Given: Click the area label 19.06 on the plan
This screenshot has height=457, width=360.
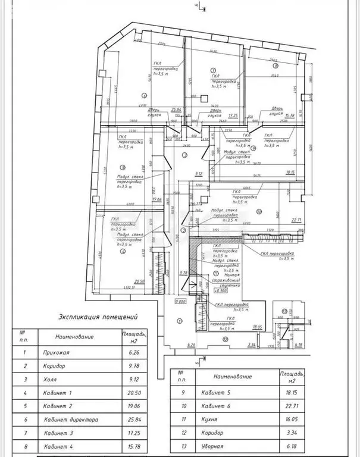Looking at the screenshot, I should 157,199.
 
